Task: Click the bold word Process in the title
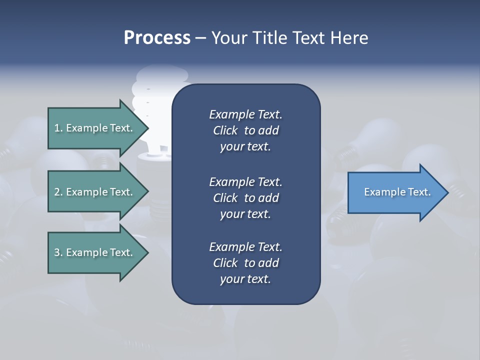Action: coord(157,38)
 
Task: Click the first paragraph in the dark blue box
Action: coord(245,130)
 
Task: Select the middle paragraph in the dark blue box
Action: coord(245,198)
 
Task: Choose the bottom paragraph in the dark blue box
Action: coord(245,263)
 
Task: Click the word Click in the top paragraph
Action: coord(225,131)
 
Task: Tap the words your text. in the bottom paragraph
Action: coord(245,279)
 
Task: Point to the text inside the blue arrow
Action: coord(397,192)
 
